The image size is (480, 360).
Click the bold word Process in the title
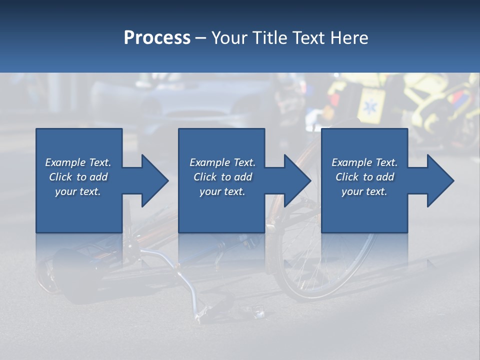point(157,38)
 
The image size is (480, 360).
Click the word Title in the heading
point(267,38)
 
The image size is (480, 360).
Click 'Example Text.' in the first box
point(78,162)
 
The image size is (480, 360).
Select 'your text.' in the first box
point(78,191)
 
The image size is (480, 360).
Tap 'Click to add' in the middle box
point(222,177)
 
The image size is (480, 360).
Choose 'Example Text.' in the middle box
point(222,162)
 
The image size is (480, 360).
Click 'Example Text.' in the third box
point(364,162)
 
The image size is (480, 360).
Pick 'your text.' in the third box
point(364,191)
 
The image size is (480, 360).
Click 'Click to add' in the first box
point(78,177)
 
